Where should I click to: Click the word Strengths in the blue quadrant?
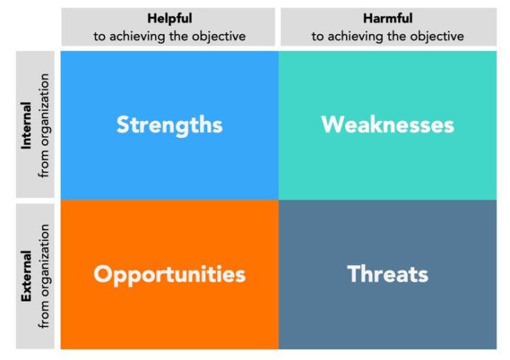[169, 125]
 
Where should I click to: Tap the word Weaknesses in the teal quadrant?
[387, 125]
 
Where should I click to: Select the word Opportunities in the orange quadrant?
[169, 274]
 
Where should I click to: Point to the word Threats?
[387, 274]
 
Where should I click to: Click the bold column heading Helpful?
[169, 18]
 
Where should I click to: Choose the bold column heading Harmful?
[387, 18]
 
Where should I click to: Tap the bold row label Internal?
[27, 126]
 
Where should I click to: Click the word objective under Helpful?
[220, 36]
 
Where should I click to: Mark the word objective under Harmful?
[438, 36]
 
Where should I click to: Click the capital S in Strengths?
[123, 125]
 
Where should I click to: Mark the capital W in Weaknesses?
[331, 125]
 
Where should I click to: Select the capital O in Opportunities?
[103, 274]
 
